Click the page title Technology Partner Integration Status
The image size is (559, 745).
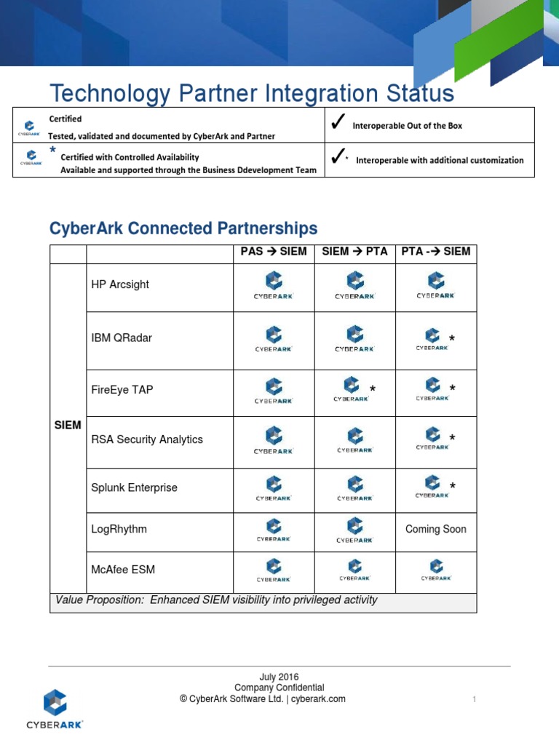pyautogui.click(x=251, y=94)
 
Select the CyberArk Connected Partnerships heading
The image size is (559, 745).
pyautogui.click(x=183, y=228)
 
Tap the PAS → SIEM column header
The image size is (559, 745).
pyautogui.click(x=274, y=252)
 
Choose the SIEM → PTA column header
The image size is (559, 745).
pyautogui.click(x=354, y=252)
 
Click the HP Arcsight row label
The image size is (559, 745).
pyautogui.click(x=119, y=284)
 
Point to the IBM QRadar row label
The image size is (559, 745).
pyautogui.click(x=122, y=338)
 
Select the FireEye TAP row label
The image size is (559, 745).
pyautogui.click(x=122, y=390)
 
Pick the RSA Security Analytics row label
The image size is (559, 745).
pyautogui.click(x=146, y=439)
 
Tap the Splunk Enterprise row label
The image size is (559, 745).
pyautogui.click(x=134, y=487)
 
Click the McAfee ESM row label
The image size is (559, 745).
pyautogui.click(x=123, y=570)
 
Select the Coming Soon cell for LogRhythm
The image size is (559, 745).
pyautogui.click(x=436, y=529)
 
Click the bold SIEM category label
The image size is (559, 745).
pyautogui.click(x=68, y=425)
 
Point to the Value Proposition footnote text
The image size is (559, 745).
pyautogui.click(x=216, y=600)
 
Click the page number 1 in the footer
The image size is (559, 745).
pyautogui.click(x=474, y=700)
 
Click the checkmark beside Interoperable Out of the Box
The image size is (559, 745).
pyautogui.click(x=337, y=124)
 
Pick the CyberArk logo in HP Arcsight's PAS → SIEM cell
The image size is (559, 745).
pyautogui.click(x=273, y=286)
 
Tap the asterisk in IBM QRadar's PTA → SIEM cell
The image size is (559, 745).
pyautogui.click(x=452, y=339)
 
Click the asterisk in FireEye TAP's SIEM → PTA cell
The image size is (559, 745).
pyautogui.click(x=373, y=390)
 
